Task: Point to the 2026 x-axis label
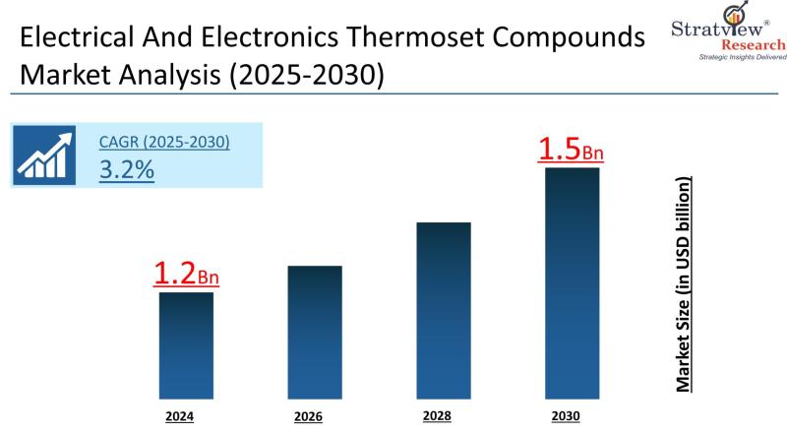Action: (308, 416)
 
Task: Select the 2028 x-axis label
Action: (437, 415)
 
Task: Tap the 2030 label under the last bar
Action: (566, 416)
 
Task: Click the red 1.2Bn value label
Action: (186, 275)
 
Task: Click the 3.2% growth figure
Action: (126, 169)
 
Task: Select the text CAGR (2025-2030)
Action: (164, 142)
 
